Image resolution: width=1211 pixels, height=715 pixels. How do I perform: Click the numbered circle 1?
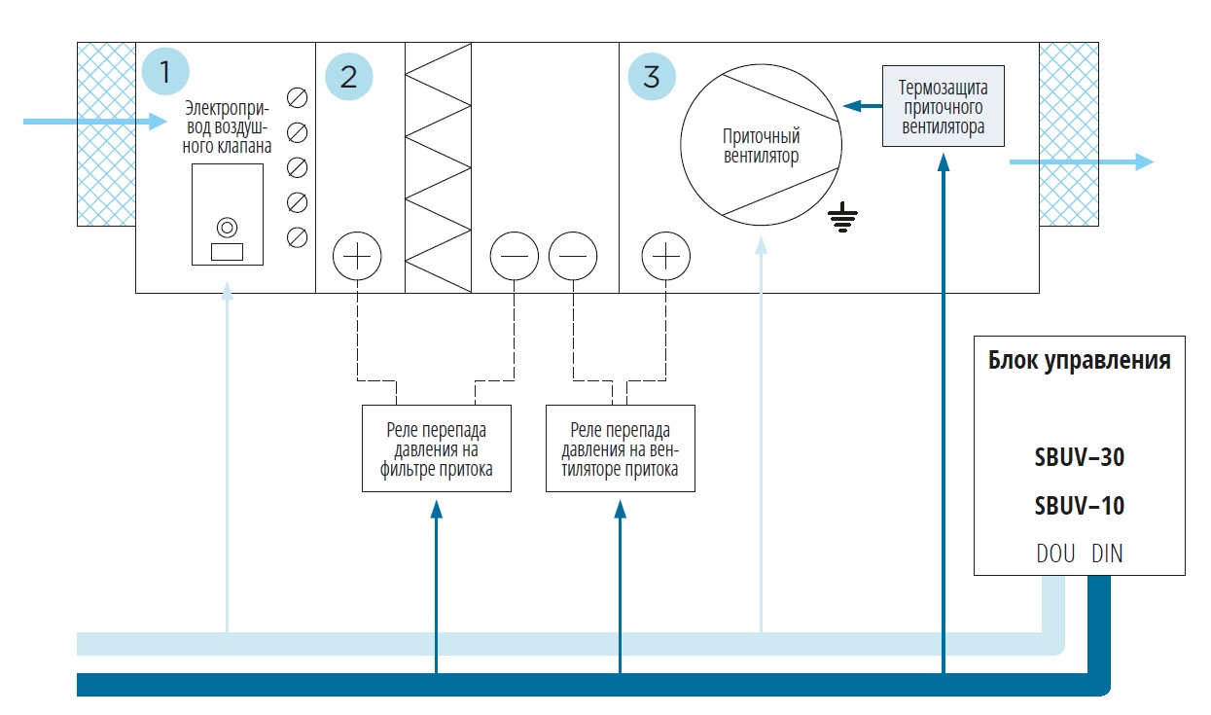click(164, 71)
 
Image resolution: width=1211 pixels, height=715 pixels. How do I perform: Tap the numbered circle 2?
click(348, 76)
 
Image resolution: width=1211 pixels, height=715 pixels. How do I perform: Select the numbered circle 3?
click(652, 76)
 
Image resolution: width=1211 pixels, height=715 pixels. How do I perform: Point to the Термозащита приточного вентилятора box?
click(942, 106)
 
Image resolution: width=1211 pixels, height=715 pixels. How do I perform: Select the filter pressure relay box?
click(436, 448)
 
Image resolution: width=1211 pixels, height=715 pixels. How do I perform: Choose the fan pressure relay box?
click(621, 448)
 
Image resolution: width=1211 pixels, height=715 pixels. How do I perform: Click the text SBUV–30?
click(1080, 457)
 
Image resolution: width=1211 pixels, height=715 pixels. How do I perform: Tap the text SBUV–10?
click(1080, 506)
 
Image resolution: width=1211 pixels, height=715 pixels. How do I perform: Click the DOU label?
click(1055, 554)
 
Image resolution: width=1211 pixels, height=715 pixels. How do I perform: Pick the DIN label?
click(1107, 554)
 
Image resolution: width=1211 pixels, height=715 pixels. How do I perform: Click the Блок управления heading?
click(1080, 361)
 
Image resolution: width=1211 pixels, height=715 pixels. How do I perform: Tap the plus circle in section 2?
click(358, 257)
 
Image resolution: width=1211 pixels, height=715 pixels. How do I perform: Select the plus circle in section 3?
click(666, 257)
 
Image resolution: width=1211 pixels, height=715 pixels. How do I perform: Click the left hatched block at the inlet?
click(106, 134)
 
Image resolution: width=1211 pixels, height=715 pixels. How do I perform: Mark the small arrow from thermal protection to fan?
click(860, 106)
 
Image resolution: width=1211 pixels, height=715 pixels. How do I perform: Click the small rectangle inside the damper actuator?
click(227, 252)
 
